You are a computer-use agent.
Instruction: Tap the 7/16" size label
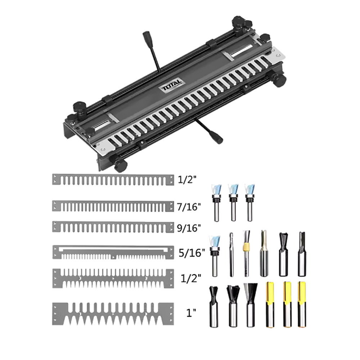click(x=189, y=207)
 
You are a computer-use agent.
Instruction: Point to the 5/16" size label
click(x=192, y=252)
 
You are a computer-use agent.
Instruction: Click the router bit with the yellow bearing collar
click(x=246, y=253)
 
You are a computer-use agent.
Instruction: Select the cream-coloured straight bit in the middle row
click(x=264, y=253)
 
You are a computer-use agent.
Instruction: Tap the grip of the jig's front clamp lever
click(x=217, y=139)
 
